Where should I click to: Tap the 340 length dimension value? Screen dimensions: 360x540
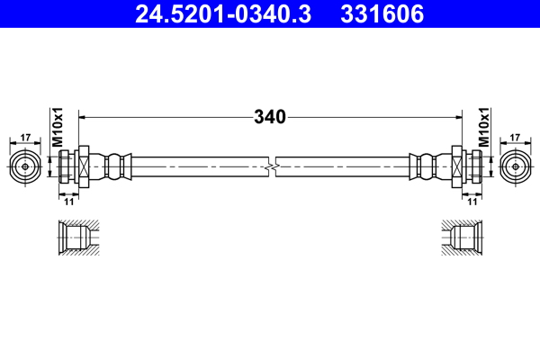point(269,117)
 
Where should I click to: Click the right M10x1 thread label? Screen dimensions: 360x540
point(483,127)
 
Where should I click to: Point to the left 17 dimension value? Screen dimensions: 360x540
point(24,138)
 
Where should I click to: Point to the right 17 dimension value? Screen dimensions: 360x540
point(515,138)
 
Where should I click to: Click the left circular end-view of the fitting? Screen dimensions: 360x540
point(24,166)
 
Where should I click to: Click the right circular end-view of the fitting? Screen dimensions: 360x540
point(515,166)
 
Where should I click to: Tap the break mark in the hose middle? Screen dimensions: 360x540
point(270,166)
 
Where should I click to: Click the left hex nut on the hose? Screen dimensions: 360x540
point(82,166)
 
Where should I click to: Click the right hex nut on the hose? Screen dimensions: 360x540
point(457,166)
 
